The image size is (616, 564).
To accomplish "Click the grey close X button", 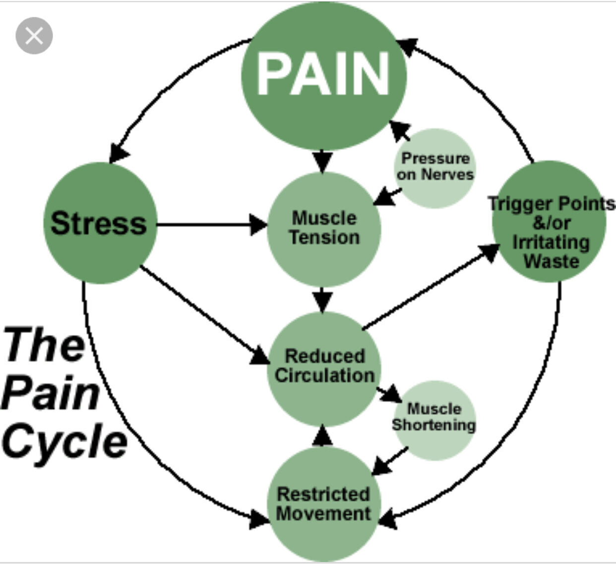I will (x=34, y=36).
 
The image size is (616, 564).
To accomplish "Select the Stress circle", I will (x=100, y=223).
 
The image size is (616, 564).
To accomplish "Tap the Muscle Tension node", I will (x=324, y=228).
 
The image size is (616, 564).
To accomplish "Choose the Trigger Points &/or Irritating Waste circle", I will (x=550, y=222).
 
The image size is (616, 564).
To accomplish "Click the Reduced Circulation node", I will (x=324, y=367).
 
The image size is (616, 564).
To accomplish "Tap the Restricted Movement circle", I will (x=323, y=505).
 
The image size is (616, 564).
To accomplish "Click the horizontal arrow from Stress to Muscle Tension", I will (x=208, y=225).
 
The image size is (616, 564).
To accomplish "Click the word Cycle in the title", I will (x=64, y=441).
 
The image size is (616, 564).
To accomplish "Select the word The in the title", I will (x=45, y=344).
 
